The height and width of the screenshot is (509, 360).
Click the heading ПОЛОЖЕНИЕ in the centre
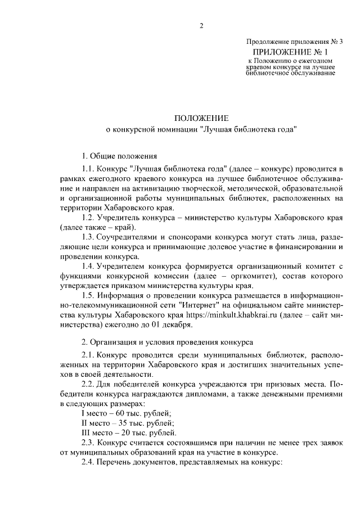tap(201, 118)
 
